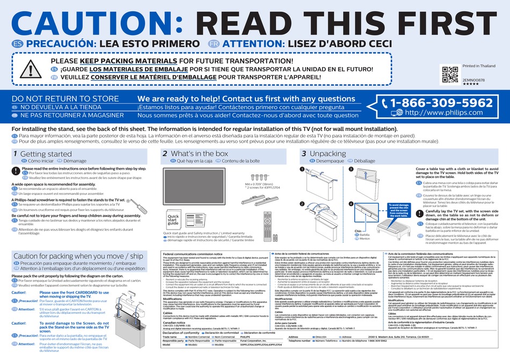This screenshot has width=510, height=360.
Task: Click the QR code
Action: [449, 75]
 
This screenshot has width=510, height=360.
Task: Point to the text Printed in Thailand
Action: [479, 66]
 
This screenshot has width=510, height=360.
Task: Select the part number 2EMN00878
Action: [473, 79]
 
